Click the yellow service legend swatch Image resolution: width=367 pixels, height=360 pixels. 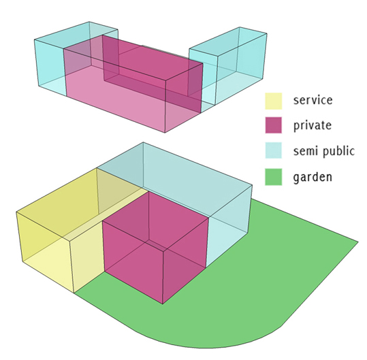point(274,101)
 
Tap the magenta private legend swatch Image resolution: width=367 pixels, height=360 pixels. point(274,125)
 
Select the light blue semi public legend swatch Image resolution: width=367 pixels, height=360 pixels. point(274,150)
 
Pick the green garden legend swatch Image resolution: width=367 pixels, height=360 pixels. point(274,177)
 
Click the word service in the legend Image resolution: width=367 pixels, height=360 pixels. point(313,100)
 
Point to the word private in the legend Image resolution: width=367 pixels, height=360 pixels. point(313,125)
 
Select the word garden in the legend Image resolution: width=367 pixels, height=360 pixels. point(313,178)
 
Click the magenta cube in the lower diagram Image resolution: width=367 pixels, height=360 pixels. point(156,247)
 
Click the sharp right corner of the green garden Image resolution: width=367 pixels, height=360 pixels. point(358,242)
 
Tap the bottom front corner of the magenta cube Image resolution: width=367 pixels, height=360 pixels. point(163,304)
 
